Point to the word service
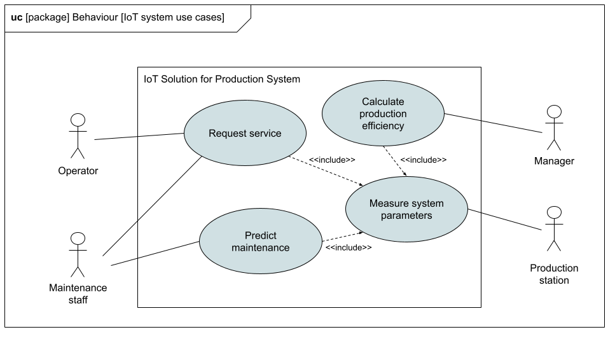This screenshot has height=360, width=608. point(265,134)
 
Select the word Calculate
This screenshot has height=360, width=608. point(383,102)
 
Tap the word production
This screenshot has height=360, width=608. point(383,114)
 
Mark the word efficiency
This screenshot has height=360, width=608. point(383,126)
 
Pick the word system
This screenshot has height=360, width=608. point(427,204)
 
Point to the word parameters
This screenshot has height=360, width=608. point(406,216)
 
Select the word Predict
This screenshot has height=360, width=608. point(261,236)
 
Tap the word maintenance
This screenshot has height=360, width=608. point(261,248)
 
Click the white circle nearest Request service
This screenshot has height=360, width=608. point(78,120)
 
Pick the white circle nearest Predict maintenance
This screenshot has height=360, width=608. point(78,239)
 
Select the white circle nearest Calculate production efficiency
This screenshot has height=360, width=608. point(554,112)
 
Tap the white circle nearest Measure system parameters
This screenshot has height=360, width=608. point(554,212)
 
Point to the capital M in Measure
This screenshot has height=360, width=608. point(373,204)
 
